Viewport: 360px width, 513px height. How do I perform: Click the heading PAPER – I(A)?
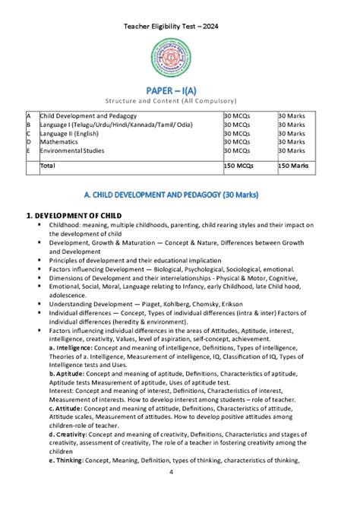point(180,90)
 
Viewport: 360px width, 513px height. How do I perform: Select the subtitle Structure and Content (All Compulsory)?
point(180,102)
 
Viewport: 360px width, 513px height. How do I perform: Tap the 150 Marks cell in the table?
point(293,165)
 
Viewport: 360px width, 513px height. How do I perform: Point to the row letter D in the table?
point(29,141)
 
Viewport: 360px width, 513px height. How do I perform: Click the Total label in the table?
point(48,165)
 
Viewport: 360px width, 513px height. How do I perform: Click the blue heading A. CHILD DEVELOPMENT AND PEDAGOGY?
point(180,195)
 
